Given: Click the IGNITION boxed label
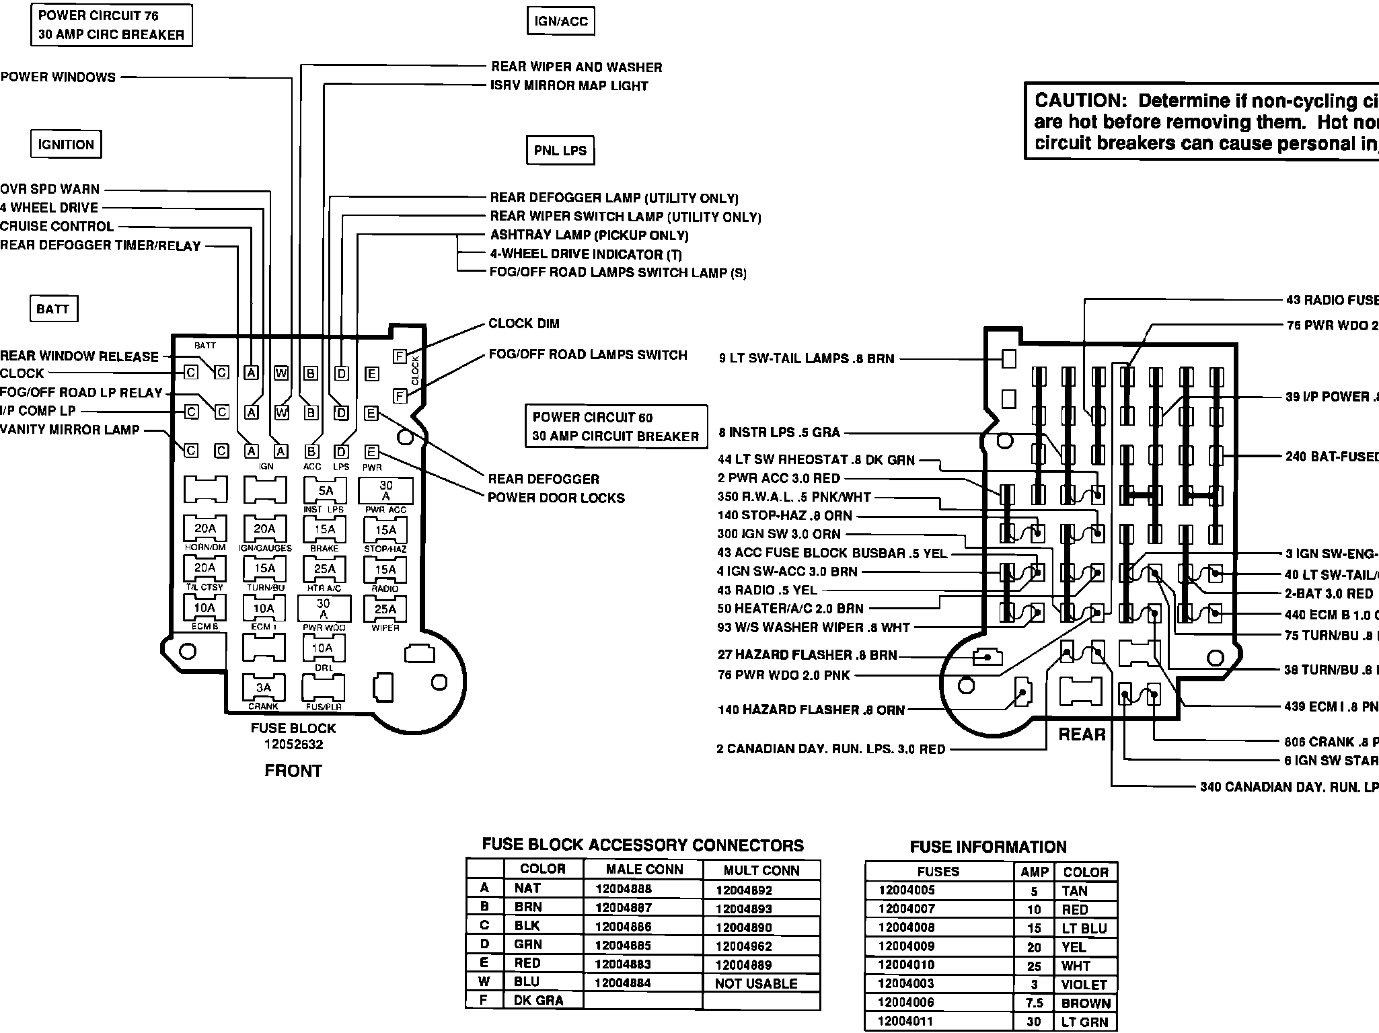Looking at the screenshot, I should (x=66, y=145).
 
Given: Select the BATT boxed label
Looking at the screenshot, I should (x=53, y=309).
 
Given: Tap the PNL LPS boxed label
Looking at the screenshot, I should (x=560, y=151).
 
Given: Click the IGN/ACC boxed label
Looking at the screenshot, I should (x=560, y=21).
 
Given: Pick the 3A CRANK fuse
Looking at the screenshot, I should (x=264, y=688).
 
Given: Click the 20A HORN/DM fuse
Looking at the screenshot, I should (x=205, y=529).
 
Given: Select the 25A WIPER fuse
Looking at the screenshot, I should (x=385, y=610).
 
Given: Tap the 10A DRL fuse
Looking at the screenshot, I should (x=323, y=648).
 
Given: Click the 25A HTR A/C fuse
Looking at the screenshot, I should (x=325, y=570).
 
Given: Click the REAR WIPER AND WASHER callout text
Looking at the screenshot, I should (x=576, y=67).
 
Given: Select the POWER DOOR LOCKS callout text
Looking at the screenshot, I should (x=556, y=498).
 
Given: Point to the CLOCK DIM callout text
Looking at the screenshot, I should (x=524, y=323).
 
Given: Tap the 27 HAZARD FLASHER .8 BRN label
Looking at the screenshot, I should (x=807, y=655).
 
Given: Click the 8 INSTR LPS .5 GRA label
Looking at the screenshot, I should (x=779, y=432).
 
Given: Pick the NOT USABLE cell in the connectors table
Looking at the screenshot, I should (x=756, y=983).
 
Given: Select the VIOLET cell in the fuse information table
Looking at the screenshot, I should (x=1084, y=985).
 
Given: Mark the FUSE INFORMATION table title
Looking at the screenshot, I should (x=988, y=847).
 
